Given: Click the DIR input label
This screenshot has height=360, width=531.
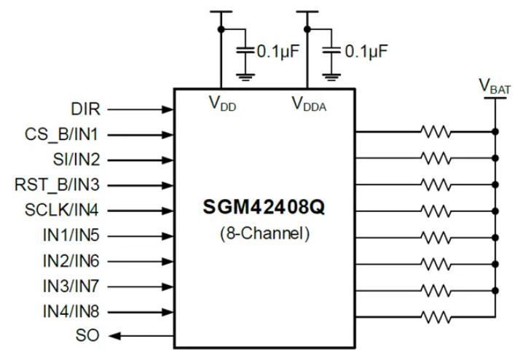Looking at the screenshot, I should (x=85, y=109).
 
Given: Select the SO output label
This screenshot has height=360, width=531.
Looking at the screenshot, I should (x=87, y=336).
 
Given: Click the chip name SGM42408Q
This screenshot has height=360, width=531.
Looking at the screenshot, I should (x=264, y=208).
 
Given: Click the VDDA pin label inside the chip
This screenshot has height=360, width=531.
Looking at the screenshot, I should (x=309, y=104).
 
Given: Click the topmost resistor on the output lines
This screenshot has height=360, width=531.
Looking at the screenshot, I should (x=436, y=133).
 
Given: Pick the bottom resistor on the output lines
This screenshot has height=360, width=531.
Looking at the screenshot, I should (x=436, y=316).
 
